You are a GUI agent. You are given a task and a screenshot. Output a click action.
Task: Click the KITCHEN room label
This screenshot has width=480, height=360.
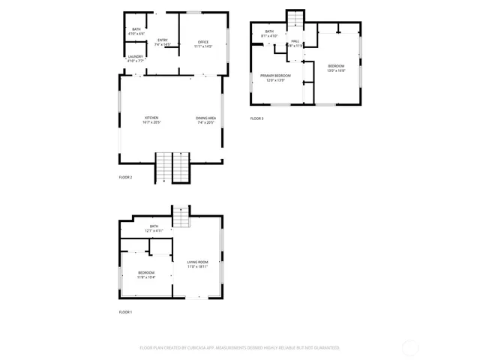coord(151,118)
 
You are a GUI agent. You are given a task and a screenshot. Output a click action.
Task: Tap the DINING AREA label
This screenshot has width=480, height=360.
coord(206,118)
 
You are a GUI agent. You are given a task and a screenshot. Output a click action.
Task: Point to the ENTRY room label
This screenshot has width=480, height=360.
coord(163,40)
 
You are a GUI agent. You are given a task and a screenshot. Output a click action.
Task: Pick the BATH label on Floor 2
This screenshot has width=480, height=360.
coord(136,29)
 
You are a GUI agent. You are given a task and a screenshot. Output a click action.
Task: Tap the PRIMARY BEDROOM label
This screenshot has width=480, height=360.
coord(275,76)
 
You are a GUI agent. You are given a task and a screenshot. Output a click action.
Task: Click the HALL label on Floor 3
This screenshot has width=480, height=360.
coord(295,41)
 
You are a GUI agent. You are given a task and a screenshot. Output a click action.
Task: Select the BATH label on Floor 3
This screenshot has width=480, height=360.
coord(268,31)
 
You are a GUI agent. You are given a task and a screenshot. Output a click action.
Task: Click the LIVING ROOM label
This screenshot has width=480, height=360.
coord(198,262)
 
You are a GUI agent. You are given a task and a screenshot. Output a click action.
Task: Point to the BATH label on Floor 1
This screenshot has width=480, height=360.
coord(154,226)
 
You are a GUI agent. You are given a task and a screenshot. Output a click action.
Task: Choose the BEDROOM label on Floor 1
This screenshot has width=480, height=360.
coord(146,272)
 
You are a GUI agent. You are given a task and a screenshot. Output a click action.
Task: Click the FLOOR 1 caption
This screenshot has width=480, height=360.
coord(125,312)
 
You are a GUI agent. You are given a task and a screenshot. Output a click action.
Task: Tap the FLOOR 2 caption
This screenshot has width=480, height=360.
coord(125,177)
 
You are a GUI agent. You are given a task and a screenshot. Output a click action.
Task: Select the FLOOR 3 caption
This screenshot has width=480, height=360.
coord(257,118)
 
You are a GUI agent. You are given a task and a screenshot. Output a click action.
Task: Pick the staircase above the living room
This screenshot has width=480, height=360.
coord(181,217)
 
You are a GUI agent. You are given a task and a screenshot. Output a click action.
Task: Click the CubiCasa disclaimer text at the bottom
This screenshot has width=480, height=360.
coord(240,348)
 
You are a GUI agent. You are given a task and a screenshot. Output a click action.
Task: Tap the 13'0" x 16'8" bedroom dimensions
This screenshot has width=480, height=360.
coord(335,70)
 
